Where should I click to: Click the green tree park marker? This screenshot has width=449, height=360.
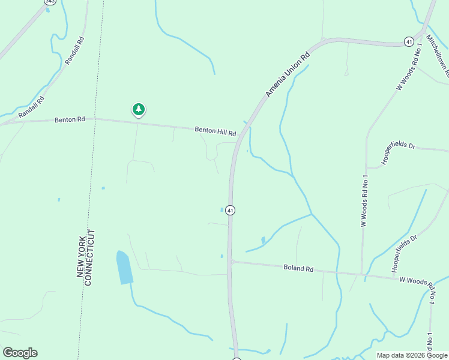pos(139,109)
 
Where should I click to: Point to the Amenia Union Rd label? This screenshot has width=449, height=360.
pos(288,74)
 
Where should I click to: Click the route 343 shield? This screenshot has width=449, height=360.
pos(48,2)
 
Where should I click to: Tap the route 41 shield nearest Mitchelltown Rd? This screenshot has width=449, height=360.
pos(409,41)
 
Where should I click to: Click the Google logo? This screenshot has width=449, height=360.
pos(20,353)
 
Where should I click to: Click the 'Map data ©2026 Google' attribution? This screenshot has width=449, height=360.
pos(412,355)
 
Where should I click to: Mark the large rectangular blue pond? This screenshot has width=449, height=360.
pos(124,268)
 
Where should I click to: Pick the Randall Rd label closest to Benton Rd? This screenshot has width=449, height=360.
pos(31,107)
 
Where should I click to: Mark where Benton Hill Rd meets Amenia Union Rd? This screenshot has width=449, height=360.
pos(240,135)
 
